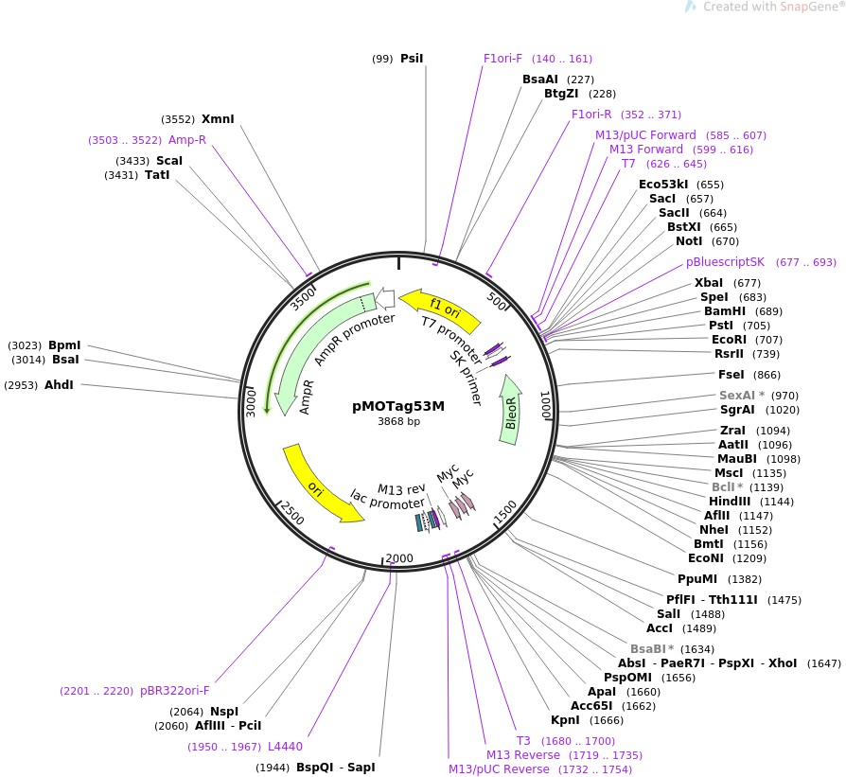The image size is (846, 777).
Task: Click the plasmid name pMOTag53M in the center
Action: pos(397,406)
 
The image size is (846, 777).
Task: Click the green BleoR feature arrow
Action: pos(511,409)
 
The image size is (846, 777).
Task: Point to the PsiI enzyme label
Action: pos(412,59)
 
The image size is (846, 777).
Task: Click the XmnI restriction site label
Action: pos(218,119)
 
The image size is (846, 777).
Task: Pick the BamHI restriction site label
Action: pos(725,311)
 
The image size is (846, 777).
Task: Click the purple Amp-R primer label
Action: pos(187,140)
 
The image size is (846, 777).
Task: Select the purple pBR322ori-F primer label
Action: pos(175,691)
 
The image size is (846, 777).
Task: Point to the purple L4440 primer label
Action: pos(285,747)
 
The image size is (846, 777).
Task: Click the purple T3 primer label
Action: pos(523,740)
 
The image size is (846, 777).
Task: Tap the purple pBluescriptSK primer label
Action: pos(725,262)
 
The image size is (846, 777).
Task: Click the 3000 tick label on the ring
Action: pos(251,399)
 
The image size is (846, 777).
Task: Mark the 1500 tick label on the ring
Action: pos(504,511)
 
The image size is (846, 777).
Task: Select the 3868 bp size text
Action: pos(398,422)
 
